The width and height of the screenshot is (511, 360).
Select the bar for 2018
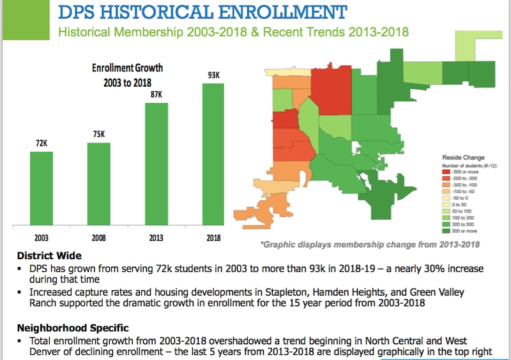coord(214,153)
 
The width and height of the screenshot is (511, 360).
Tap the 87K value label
coord(156,94)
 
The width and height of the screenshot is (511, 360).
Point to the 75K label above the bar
coord(99,134)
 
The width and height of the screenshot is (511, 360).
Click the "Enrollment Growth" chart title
coord(128,67)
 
